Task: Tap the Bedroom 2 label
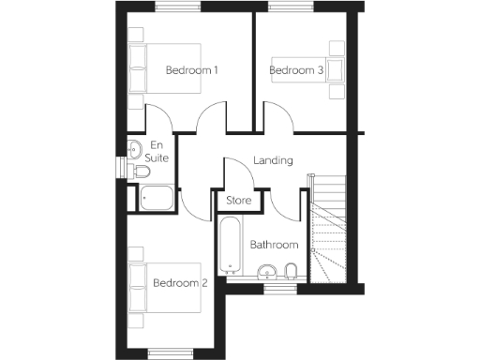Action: (x=179, y=283)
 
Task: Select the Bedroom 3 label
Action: (x=296, y=70)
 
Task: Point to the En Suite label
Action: (x=158, y=153)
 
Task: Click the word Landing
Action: (x=273, y=160)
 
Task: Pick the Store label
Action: (x=238, y=201)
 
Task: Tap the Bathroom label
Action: (x=274, y=245)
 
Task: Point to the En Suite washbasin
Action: (x=134, y=147)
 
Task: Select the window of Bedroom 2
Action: (x=173, y=353)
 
